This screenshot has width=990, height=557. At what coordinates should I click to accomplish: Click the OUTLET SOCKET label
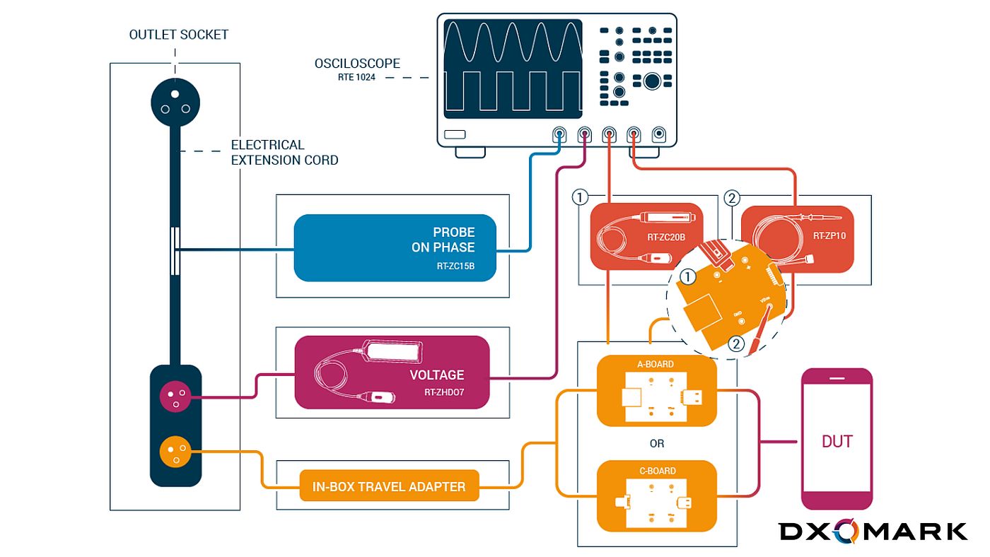pos(179,35)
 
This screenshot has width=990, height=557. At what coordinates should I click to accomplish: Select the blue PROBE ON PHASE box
pos(395,247)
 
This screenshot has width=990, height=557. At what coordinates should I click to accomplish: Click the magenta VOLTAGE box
pos(392,373)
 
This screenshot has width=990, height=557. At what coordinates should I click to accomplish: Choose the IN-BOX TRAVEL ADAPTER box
pos(389,486)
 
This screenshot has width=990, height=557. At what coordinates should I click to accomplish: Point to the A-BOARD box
pos(656,391)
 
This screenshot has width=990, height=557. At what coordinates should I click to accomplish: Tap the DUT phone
pos(837,439)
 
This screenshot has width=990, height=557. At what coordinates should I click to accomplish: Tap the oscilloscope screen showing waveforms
pos(513,69)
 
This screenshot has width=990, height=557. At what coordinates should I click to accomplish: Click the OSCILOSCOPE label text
pos(357,64)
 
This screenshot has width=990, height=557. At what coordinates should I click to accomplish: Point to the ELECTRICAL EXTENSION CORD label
pos(284,153)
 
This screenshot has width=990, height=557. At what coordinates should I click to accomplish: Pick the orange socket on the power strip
pos(174,450)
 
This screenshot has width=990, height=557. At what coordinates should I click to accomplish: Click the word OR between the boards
pos(656,444)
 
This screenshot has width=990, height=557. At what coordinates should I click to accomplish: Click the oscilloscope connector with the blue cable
pos(559,134)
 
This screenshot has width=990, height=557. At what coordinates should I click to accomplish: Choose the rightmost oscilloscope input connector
pos(659,134)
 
